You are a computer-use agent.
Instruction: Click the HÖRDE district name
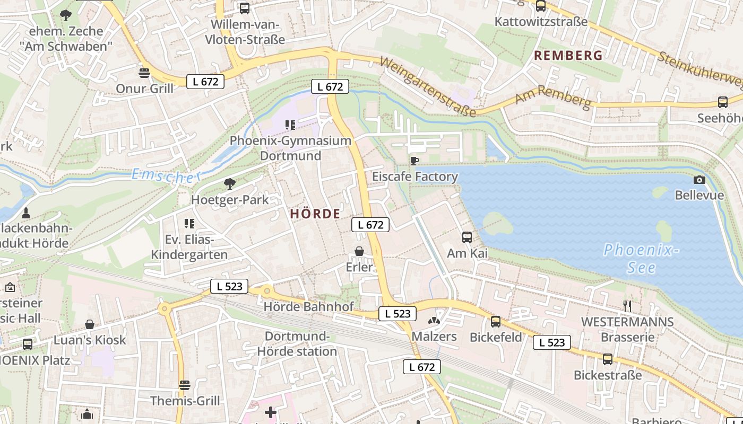tap(315, 214)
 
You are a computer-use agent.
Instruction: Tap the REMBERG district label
tap(568, 55)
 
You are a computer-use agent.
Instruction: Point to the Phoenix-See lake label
tap(641, 258)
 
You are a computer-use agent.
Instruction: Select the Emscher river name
tap(166, 176)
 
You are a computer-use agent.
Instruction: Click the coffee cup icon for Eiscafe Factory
tap(414, 160)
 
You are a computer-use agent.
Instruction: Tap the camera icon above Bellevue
tap(699, 180)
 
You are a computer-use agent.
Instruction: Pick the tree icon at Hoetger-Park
tap(229, 184)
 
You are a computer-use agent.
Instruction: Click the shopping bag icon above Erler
tap(359, 251)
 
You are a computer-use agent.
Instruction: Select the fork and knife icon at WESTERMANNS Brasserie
tap(627, 305)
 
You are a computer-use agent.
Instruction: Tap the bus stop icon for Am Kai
tap(467, 237)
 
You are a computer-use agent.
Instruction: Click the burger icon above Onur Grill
tap(144, 73)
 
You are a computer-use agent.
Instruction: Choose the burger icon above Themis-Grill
tap(185, 385)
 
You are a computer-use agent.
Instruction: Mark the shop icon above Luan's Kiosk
tap(90, 324)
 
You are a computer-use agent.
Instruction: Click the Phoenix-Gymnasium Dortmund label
tap(290, 148)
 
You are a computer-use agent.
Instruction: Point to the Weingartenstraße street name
tap(428, 87)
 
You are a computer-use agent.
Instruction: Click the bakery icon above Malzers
tap(434, 321)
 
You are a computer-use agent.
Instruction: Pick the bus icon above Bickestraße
tap(608, 359)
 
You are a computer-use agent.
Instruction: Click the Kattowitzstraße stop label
tap(541, 22)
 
